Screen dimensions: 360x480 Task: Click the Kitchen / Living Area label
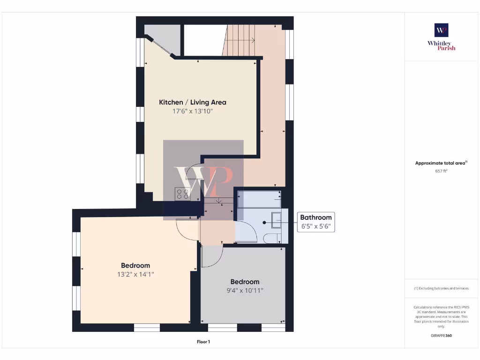click(x=193, y=102)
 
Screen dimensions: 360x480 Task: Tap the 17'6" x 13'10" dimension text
click(x=193, y=112)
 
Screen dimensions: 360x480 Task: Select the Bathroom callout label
click(x=316, y=217)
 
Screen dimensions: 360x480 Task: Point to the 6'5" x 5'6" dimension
click(x=316, y=227)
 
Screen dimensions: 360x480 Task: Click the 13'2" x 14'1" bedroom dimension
click(x=135, y=275)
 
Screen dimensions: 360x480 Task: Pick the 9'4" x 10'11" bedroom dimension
click(x=245, y=291)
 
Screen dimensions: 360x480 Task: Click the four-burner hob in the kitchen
click(x=182, y=194)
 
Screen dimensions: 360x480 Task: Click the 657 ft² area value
click(x=441, y=172)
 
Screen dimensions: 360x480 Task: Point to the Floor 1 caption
click(x=203, y=342)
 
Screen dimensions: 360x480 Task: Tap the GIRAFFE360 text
click(x=441, y=336)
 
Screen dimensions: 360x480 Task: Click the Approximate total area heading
click(x=441, y=163)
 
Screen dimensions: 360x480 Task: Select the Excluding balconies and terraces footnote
click(x=441, y=288)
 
